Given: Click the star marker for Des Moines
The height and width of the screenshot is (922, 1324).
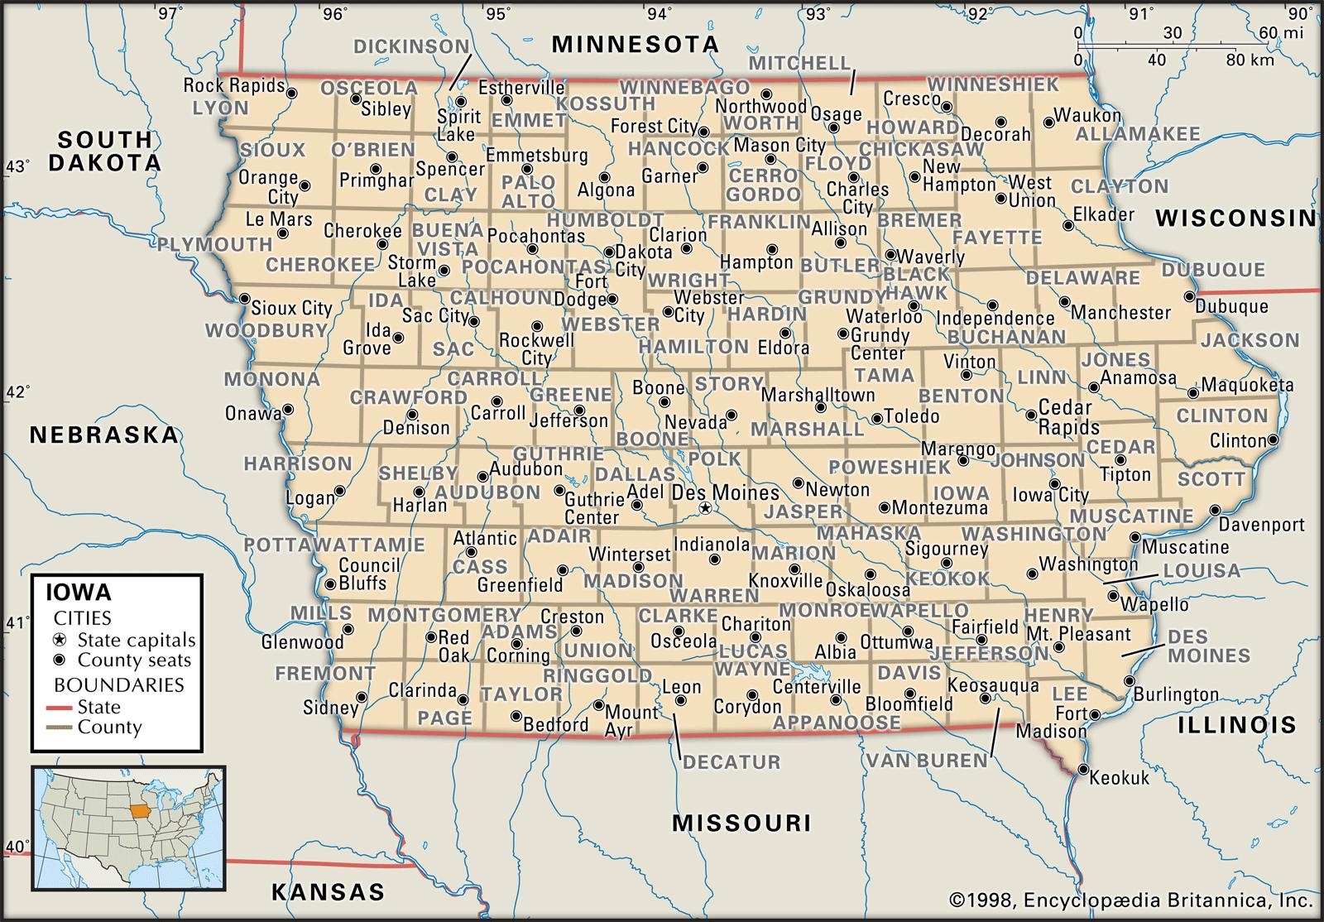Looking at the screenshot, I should [x=705, y=507].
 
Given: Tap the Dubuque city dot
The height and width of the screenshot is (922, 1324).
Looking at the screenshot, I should [x=1190, y=296].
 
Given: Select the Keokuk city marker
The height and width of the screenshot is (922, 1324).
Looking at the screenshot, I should [x=1083, y=771].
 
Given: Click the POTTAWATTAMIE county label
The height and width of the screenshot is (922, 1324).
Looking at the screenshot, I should [x=335, y=545].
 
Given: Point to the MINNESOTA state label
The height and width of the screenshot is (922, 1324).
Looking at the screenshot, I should [x=636, y=44].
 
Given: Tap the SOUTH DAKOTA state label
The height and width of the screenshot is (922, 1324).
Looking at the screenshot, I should [x=104, y=151].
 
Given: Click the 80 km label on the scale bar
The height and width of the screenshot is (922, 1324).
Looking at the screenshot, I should [x=1250, y=60].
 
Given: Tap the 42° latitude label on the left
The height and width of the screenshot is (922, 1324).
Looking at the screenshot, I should [x=17, y=391].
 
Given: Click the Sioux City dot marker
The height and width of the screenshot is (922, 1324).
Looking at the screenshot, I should [x=245, y=299].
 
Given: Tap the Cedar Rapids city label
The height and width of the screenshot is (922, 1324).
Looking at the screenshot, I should [x=1068, y=418].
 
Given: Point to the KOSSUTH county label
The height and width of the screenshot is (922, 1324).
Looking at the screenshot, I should [x=607, y=104].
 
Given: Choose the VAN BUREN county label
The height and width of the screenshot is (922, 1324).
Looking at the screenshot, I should [x=927, y=760].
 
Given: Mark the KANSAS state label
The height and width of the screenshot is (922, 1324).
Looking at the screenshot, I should [x=328, y=891].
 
